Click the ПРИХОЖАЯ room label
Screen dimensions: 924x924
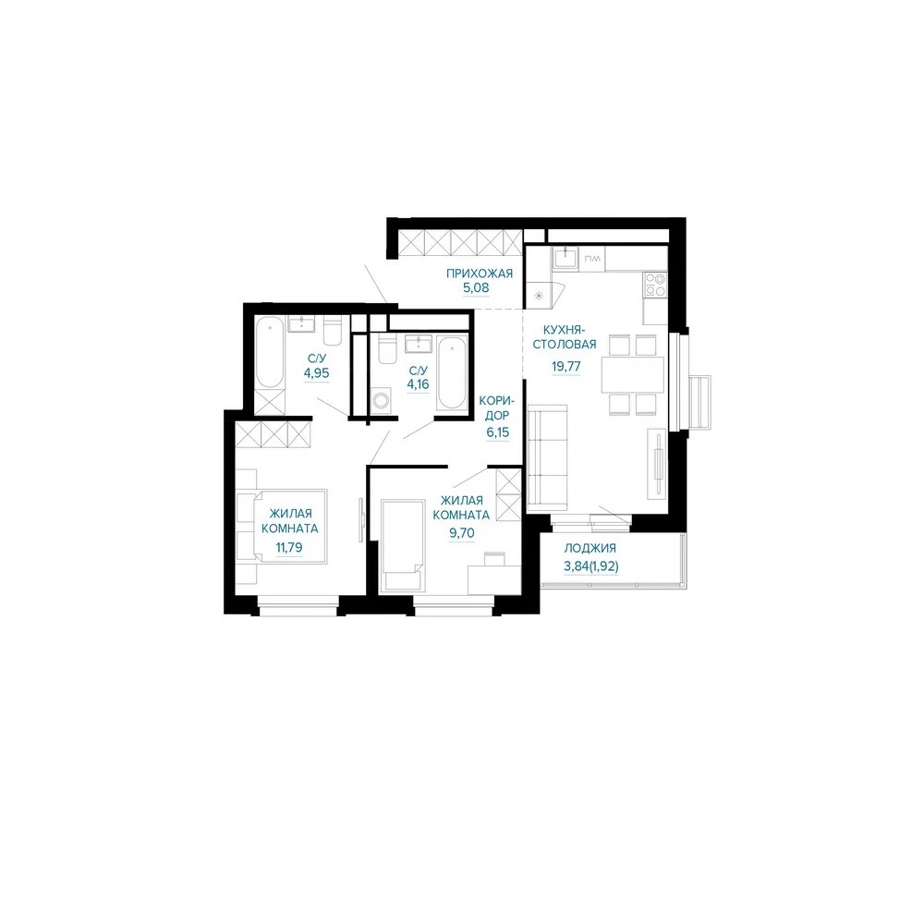coord(479,274)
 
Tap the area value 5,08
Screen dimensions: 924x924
coord(476,288)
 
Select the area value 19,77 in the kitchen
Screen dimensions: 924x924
coord(566,367)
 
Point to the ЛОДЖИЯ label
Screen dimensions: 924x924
coord(590,548)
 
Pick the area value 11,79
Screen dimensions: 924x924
coord(289,547)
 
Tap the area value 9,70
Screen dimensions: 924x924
coord(461,533)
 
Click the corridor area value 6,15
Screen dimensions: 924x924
coord(497,432)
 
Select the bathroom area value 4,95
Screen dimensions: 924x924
coord(316,373)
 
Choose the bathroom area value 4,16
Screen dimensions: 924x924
coord(418,384)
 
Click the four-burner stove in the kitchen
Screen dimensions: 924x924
coord(655,285)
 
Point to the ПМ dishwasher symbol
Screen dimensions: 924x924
coord(592,258)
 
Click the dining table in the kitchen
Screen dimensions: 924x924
coord(633,374)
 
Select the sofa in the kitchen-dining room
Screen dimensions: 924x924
coord(547,457)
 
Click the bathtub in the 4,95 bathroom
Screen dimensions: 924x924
coord(270,352)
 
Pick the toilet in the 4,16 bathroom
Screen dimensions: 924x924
coord(387,349)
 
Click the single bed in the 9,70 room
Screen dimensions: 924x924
coord(403,545)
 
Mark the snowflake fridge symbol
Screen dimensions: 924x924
coord(539,296)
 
